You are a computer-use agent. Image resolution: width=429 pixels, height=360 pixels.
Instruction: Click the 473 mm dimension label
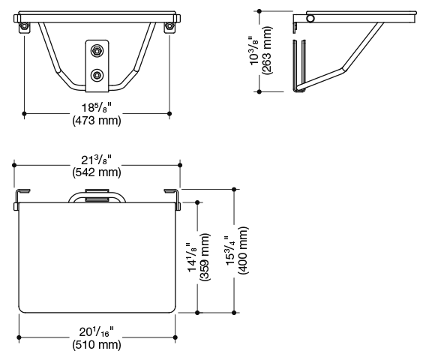(x=97, y=120)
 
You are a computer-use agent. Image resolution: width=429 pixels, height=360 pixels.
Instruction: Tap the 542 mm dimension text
(x=97, y=172)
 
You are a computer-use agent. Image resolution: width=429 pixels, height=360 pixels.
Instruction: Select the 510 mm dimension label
(x=97, y=345)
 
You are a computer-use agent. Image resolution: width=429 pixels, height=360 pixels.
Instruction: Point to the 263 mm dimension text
(x=266, y=50)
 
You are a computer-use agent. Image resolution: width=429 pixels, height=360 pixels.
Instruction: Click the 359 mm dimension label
(x=205, y=256)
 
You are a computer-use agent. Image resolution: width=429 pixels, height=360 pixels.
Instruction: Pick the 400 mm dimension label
(x=243, y=250)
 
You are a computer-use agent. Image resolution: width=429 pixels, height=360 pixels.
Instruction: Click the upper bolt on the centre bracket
(x=97, y=50)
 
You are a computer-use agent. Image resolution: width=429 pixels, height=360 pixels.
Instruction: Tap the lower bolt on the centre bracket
(x=97, y=75)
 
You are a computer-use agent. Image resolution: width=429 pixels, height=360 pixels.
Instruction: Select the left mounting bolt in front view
(x=24, y=26)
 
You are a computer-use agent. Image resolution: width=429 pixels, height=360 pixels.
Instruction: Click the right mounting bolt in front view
(x=169, y=26)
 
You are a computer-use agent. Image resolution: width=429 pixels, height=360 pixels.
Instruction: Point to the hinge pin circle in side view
(x=310, y=19)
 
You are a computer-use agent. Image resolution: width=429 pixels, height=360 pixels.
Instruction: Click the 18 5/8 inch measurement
(x=97, y=107)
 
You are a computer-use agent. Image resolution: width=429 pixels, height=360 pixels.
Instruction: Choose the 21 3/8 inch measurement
(x=97, y=160)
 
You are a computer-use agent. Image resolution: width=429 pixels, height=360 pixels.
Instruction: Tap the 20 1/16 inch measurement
(x=97, y=331)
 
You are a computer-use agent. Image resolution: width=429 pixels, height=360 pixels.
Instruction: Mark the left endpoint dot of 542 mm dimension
(x=14, y=165)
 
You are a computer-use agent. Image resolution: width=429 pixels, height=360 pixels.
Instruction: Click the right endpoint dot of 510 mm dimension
(x=175, y=337)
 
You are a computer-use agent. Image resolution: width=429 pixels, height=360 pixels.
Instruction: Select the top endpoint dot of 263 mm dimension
(x=259, y=11)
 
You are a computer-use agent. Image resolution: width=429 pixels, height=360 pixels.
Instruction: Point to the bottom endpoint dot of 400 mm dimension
(x=234, y=313)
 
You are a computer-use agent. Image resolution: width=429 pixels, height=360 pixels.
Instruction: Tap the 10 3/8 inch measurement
(x=253, y=50)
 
